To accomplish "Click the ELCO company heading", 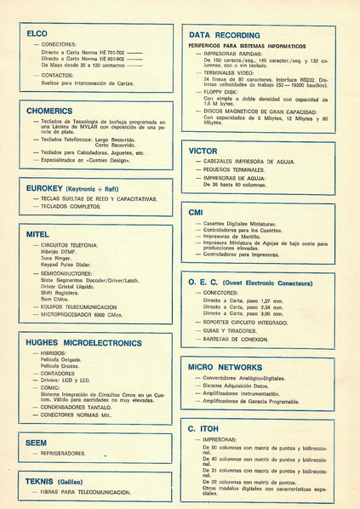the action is pyautogui.click(x=37, y=33).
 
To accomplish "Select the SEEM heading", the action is pyautogui.click(x=37, y=443).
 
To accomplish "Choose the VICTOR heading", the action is pyautogui.click(x=203, y=151).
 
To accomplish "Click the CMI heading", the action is pyautogui.click(x=196, y=211).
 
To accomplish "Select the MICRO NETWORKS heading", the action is pyautogui.click(x=226, y=367).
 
